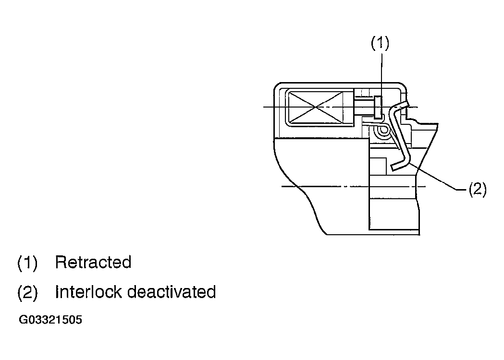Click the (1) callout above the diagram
point(380,44)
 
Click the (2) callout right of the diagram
point(478,189)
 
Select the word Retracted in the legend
point(93,262)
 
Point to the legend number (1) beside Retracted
point(27,263)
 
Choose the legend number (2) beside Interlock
point(27,292)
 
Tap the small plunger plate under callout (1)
point(378,107)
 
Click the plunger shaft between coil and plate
point(365,107)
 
